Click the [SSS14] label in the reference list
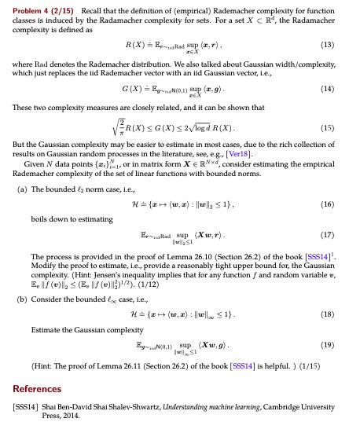click(x=26, y=406)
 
